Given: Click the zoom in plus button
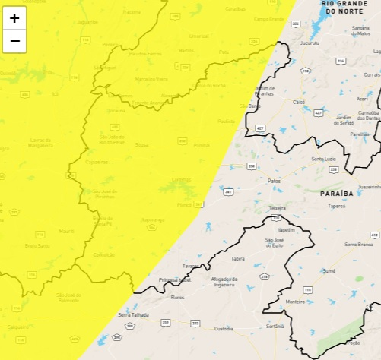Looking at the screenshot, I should coord(14,18).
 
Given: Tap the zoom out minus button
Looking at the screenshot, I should coord(14,41).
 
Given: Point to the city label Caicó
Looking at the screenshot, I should coord(299,102).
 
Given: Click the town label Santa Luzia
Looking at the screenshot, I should coord(325,159).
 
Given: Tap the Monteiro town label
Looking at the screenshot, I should coord(295,302).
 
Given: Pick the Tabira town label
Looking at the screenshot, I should coord(238,258).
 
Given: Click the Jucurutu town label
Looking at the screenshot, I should coord(310,43).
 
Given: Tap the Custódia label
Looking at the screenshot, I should coord(224,329).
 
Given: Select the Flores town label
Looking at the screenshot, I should coord(177,298).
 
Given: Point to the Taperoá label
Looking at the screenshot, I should coord(337,205).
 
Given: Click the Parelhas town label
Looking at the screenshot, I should coord(360,134).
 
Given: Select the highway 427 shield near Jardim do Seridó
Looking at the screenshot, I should coord(260,129).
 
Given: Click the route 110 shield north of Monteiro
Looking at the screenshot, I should coord(307,289).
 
